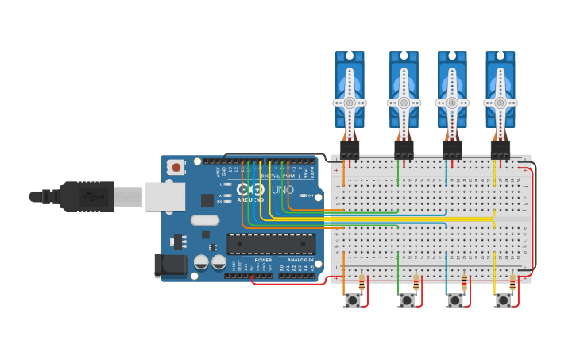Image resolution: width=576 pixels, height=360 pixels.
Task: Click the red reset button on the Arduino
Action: point(176,167)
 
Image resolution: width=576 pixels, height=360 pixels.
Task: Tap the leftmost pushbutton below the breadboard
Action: point(352,300)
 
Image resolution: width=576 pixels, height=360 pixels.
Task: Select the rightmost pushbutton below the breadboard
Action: point(503,300)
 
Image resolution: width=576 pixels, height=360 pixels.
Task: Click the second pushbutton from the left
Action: point(407,300)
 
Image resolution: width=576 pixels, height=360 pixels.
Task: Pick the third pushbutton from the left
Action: point(454,300)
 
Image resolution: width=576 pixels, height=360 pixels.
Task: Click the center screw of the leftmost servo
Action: point(350,103)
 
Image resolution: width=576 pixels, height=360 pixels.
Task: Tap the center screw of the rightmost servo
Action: point(501,103)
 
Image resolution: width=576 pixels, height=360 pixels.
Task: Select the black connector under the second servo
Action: point(404,149)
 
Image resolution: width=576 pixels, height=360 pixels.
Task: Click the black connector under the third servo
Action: point(452,149)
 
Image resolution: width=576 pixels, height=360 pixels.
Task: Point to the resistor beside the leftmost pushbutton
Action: point(362,282)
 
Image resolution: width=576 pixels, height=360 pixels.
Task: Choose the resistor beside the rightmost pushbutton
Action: point(512,282)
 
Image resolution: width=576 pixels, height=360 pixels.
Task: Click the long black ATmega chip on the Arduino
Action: point(271,244)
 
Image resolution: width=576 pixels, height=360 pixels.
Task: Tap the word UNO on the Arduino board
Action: point(283,190)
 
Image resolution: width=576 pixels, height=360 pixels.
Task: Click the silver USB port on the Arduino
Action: point(164,196)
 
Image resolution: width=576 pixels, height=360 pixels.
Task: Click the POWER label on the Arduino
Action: point(263,260)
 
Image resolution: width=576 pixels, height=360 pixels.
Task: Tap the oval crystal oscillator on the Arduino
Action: point(204,220)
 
